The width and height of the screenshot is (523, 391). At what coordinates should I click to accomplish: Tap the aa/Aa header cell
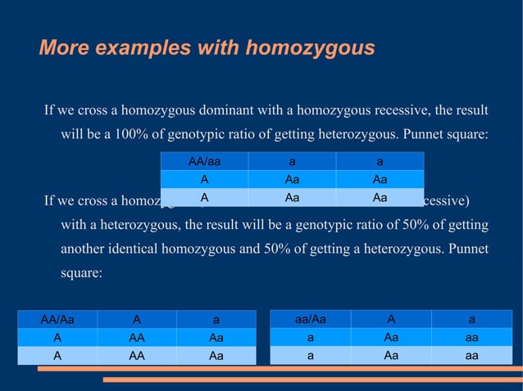310,319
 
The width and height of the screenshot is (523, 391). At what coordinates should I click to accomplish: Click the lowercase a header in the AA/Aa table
216,320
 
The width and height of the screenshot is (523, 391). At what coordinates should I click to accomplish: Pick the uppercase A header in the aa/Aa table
391,319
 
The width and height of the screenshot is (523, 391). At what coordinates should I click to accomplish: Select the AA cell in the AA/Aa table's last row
137,356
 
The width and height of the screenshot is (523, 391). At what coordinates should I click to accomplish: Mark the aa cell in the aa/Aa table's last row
471,355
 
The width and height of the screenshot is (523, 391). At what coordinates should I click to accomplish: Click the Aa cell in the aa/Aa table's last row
391,355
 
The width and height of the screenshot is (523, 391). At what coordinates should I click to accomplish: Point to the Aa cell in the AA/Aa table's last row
216,356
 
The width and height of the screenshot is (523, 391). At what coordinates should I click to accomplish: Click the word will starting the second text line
71,133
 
